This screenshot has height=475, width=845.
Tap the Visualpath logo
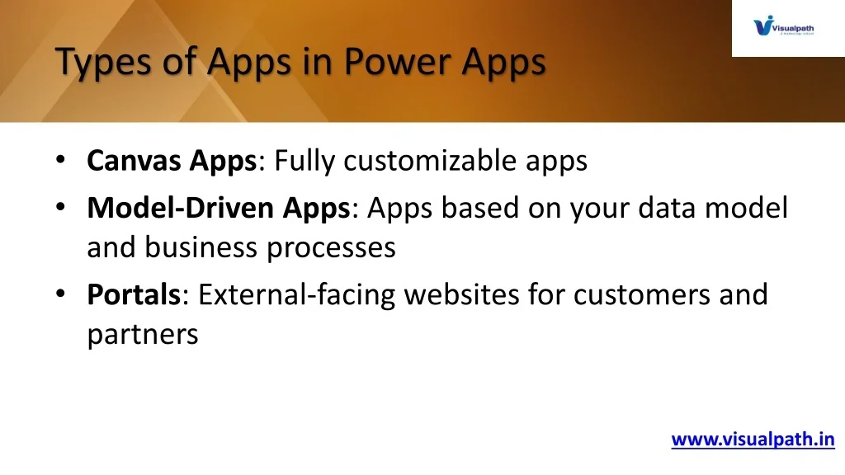point(784,26)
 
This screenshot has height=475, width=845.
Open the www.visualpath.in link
point(753,440)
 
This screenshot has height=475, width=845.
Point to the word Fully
point(304,161)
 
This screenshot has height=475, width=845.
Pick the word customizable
point(430,161)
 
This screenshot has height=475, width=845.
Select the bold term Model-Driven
point(181,208)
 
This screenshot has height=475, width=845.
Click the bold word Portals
point(134,294)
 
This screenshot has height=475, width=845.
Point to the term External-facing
point(296,295)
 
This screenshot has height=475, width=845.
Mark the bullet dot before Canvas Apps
point(60,159)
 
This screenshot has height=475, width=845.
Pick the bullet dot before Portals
point(60,294)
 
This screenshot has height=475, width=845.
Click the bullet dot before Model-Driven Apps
point(60,207)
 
